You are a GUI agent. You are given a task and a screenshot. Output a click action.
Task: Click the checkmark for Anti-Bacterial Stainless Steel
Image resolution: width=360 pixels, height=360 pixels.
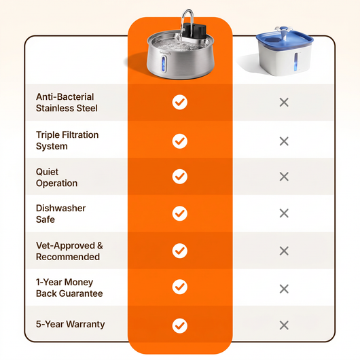coord(180,102)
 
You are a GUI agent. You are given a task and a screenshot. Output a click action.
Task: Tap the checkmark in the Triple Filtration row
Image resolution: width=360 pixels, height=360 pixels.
coord(180,141)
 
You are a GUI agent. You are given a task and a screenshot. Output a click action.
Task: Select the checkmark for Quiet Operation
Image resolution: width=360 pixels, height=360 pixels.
coord(180,177)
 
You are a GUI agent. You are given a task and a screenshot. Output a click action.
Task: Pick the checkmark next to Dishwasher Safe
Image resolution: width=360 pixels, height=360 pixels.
coord(180,213)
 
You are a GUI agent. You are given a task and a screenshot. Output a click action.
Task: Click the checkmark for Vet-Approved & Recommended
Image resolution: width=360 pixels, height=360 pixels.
coord(180,251)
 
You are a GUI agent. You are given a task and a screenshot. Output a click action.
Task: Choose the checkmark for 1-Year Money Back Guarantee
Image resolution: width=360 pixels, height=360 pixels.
coord(180,287)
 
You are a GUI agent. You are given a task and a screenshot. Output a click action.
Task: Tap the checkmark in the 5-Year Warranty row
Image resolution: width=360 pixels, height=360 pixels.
coord(180,326)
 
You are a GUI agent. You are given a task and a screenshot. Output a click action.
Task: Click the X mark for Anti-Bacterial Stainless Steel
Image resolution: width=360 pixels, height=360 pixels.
coord(284,103)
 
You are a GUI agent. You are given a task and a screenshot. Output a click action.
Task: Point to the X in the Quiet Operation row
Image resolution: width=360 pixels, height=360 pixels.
coord(284,177)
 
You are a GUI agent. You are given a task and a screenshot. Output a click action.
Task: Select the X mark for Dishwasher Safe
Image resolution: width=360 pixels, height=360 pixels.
coord(284,213)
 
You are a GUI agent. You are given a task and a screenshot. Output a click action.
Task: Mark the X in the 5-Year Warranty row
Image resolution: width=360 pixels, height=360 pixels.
coord(284,325)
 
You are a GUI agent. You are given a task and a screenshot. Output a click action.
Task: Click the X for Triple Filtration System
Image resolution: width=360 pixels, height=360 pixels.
coord(284,141)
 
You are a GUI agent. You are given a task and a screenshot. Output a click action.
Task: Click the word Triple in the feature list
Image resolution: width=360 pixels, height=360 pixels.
coord(48,135)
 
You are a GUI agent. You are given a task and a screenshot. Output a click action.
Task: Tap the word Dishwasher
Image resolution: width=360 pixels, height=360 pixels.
coord(61,208)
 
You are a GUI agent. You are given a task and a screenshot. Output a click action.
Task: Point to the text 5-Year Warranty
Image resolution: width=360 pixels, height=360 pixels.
coord(70,324)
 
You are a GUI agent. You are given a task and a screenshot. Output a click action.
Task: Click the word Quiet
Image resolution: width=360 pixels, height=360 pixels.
coord(47,172)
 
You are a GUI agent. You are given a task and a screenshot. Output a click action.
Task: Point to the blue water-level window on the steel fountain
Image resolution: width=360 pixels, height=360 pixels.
coord(164,64)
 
